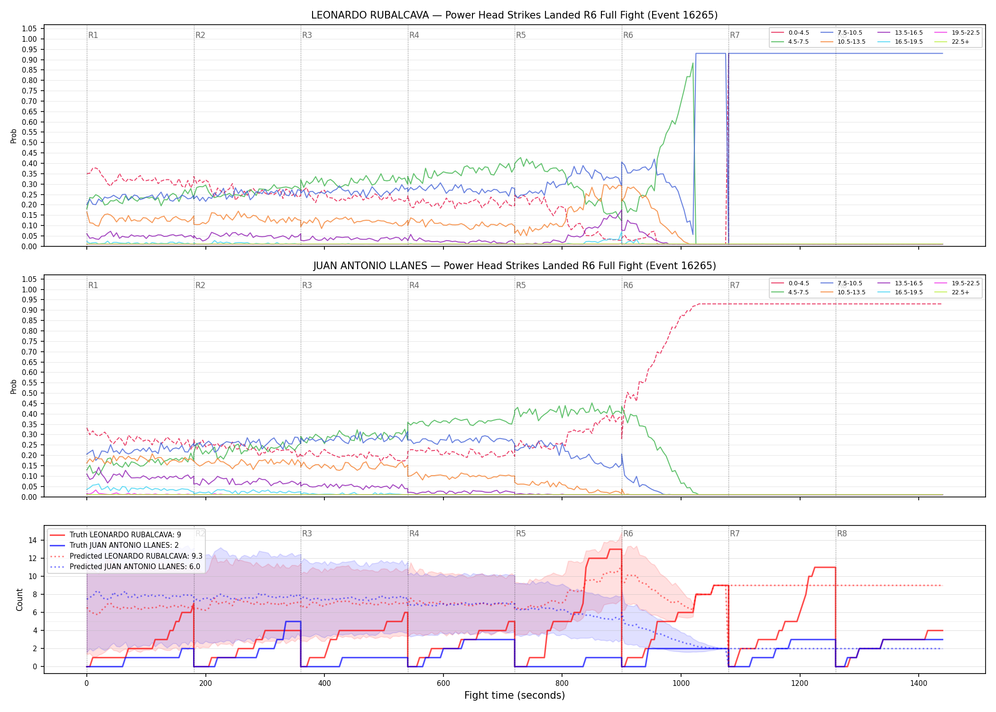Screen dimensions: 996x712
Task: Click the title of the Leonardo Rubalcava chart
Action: click(x=514, y=15)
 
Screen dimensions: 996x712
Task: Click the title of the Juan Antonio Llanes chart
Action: click(x=514, y=266)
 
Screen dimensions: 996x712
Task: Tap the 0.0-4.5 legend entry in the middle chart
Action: click(x=790, y=283)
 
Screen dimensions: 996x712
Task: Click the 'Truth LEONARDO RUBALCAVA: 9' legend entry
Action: click(x=115, y=534)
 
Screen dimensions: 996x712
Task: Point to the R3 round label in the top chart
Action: click(x=307, y=35)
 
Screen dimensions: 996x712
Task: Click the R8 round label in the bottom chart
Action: click(x=842, y=534)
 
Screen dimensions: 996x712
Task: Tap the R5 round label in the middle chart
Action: click(x=521, y=285)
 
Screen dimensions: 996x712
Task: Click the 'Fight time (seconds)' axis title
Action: click(x=515, y=695)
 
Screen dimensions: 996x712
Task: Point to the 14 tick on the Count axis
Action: click(x=32, y=540)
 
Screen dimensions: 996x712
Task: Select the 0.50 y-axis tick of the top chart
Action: click(x=29, y=142)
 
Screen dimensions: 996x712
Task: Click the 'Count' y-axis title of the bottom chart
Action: click(x=19, y=600)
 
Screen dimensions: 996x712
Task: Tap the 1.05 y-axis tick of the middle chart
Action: click(x=29, y=279)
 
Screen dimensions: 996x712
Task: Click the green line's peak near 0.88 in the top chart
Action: click(x=693, y=63)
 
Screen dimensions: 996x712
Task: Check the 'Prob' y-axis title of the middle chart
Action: click(x=14, y=386)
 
